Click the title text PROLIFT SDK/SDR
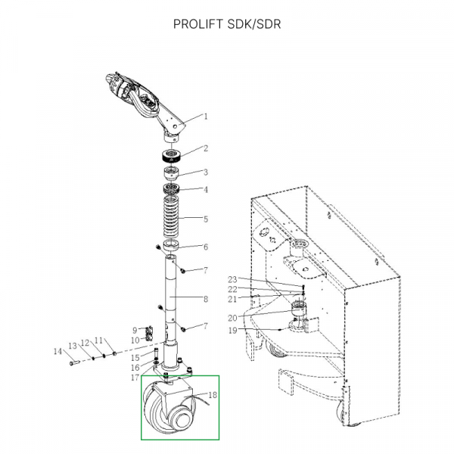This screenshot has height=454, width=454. [x=227, y=23]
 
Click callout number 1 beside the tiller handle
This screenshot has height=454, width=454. [x=205, y=117]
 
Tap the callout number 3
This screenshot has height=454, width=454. [x=205, y=172]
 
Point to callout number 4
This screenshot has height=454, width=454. [x=205, y=190]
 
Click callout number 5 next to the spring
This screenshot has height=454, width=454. [x=205, y=219]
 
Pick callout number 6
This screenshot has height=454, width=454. [x=205, y=247]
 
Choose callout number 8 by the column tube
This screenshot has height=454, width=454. [x=205, y=299]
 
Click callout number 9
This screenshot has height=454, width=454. [x=135, y=330]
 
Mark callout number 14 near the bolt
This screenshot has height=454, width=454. [x=57, y=351]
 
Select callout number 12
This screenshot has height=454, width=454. [x=85, y=342]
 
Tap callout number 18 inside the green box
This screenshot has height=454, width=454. [x=213, y=395]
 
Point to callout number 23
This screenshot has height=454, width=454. [x=233, y=279]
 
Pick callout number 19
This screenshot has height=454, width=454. [x=233, y=331]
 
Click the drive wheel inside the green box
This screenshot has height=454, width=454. [x=166, y=412]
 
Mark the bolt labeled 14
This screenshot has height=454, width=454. [x=73, y=362]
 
